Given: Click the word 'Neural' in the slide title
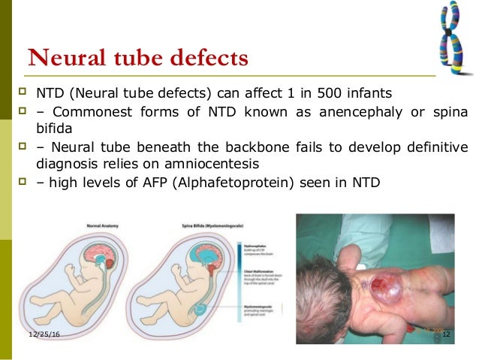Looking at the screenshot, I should click(64, 57).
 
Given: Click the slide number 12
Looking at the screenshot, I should click(444, 333).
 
